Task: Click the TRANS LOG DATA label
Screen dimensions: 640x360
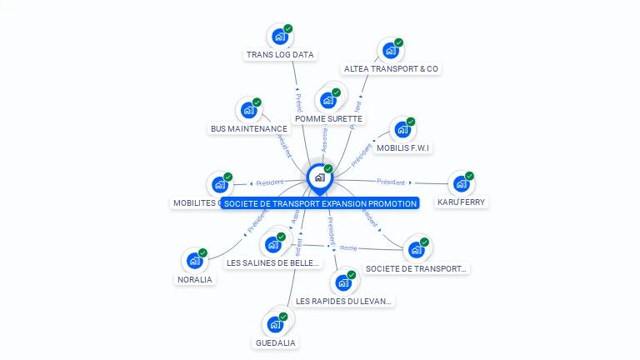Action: pyautogui.click(x=280, y=55)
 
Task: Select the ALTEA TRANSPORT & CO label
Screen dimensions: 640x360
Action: pyautogui.click(x=391, y=69)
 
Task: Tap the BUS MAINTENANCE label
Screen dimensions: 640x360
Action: pyautogui.click(x=248, y=129)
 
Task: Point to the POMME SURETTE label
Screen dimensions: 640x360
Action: pyautogui.click(x=328, y=119)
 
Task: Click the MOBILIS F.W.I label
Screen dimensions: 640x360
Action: pyautogui.click(x=403, y=148)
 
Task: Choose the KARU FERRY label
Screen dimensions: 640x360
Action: pyautogui.click(x=462, y=202)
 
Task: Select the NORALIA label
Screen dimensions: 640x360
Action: pyautogui.click(x=195, y=280)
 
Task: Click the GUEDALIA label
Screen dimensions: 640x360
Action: pyautogui.click(x=275, y=342)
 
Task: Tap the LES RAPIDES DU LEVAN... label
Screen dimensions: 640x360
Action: pyautogui.click(x=343, y=301)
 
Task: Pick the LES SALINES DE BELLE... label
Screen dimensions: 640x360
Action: pyautogui.click(x=272, y=263)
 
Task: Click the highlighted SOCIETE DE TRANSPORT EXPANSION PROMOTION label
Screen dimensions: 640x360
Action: pyautogui.click(x=319, y=203)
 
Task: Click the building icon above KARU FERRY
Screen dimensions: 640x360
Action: pyautogui.click(x=461, y=184)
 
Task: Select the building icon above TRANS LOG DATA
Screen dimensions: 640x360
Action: pyautogui.click(x=279, y=37)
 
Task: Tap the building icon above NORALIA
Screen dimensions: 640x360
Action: pyautogui.click(x=194, y=261)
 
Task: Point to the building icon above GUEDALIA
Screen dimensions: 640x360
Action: pyautogui.click(x=275, y=325)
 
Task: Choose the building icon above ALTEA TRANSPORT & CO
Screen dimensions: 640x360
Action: pyautogui.click(x=389, y=51)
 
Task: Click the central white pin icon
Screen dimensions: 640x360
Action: pyautogui.click(x=319, y=177)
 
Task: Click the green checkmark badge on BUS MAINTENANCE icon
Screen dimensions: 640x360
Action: pyautogui.click(x=257, y=102)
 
